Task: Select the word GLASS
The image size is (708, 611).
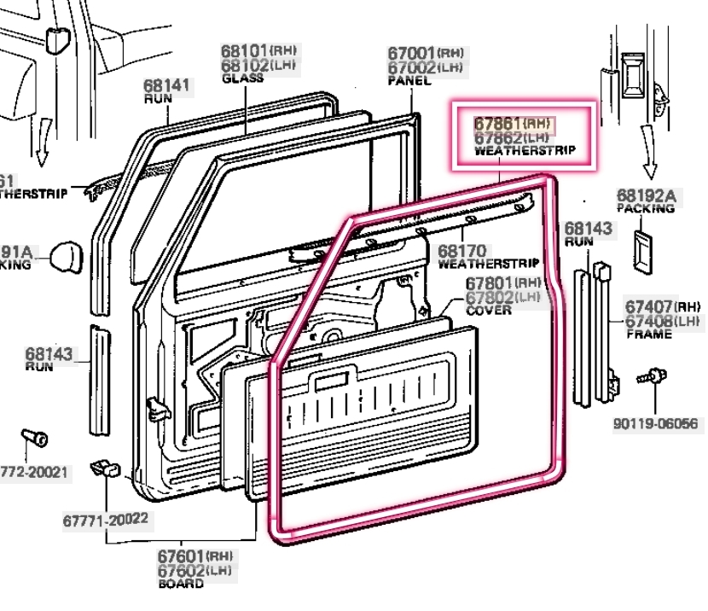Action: [242, 79]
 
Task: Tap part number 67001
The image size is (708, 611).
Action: [412, 53]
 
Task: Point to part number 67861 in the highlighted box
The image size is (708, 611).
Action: [499, 123]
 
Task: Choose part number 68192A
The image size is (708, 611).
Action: [646, 196]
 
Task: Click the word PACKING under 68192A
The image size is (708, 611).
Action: [646, 209]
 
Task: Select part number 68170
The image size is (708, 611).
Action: [462, 251]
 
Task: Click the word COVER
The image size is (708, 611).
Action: [489, 310]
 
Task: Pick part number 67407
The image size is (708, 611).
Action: [649, 306]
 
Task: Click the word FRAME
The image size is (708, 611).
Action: [647, 335]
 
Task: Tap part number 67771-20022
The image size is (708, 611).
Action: [105, 518]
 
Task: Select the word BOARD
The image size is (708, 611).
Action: [181, 585]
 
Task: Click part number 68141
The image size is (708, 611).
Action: [167, 85]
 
